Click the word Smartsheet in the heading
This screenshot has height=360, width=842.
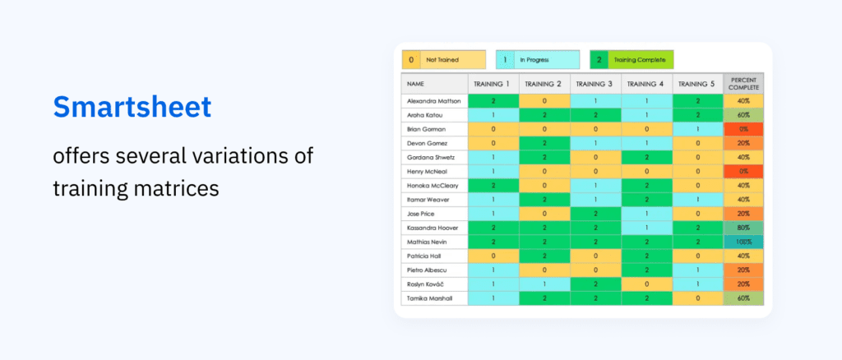[x=132, y=107]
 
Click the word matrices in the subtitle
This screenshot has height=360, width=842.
[x=178, y=187]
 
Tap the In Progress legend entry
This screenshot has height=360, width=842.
[x=538, y=60]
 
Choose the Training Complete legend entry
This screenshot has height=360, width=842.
[x=632, y=60]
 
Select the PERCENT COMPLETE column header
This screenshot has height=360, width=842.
[x=743, y=84]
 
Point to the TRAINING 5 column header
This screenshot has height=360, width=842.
[x=697, y=84]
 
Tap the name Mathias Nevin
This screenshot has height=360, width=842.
[x=428, y=242]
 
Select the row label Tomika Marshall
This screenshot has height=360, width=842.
[x=429, y=298]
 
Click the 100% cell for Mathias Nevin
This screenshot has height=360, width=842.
[x=743, y=242]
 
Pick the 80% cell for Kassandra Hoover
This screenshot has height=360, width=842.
[x=743, y=228]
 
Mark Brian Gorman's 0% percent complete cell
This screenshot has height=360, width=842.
[x=743, y=129]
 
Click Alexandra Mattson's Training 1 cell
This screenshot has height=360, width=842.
[x=493, y=101]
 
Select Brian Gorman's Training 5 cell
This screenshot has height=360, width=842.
[x=697, y=129]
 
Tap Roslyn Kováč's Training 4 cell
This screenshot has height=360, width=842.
[x=646, y=284]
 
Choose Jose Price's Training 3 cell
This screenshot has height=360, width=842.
[x=595, y=214]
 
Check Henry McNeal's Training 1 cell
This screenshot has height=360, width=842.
[x=493, y=172]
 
